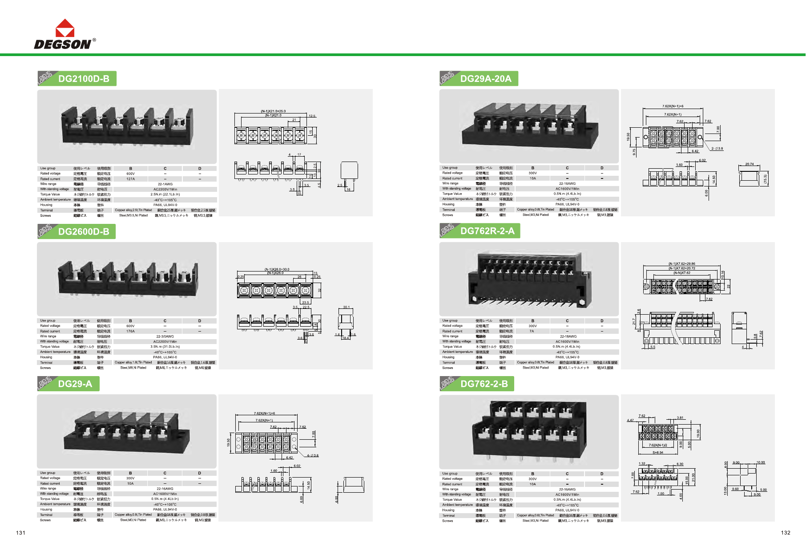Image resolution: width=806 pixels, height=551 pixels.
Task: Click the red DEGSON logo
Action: pyautogui.click(x=64, y=34)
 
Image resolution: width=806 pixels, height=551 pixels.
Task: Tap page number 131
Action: pyautogui.click(x=21, y=533)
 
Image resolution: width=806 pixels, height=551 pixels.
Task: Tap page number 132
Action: pyautogui.click(x=786, y=533)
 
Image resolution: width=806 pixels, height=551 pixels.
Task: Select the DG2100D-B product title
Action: pyautogui.click(x=84, y=79)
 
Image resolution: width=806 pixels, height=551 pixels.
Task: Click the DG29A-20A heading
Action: pyautogui.click(x=486, y=79)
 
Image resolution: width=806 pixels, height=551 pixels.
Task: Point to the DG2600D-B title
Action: pyautogui.click(x=84, y=231)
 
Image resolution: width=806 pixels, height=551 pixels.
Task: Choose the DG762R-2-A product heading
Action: pyautogui.click(x=487, y=231)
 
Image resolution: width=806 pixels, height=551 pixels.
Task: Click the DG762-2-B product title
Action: pyautogui.click(x=484, y=384)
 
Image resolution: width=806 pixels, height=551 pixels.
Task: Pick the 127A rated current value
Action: pyautogui.click(x=130, y=179)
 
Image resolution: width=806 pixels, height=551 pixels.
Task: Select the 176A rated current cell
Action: pyautogui.click(x=130, y=331)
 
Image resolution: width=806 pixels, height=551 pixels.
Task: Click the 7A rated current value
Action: pyautogui.click(x=532, y=331)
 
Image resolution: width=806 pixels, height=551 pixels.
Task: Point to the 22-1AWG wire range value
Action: pyautogui.click(x=165, y=184)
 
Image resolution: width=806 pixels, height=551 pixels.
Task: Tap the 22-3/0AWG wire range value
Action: pyautogui.click(x=165, y=336)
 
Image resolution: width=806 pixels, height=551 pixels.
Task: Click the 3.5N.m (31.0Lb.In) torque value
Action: pyautogui.click(x=165, y=347)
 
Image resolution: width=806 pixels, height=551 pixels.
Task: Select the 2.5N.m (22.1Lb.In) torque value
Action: pyautogui.click(x=165, y=194)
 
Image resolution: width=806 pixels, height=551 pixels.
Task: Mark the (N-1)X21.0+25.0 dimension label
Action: pyautogui.click(x=273, y=111)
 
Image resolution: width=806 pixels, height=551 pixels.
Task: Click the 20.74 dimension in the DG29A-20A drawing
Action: pyautogui.click(x=750, y=164)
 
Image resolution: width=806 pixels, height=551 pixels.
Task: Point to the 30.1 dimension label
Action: pyautogui.click(x=347, y=307)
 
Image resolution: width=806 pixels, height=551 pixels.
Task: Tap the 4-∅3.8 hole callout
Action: pyautogui.click(x=313, y=455)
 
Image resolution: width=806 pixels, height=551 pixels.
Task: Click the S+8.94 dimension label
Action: pyautogui.click(x=658, y=453)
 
